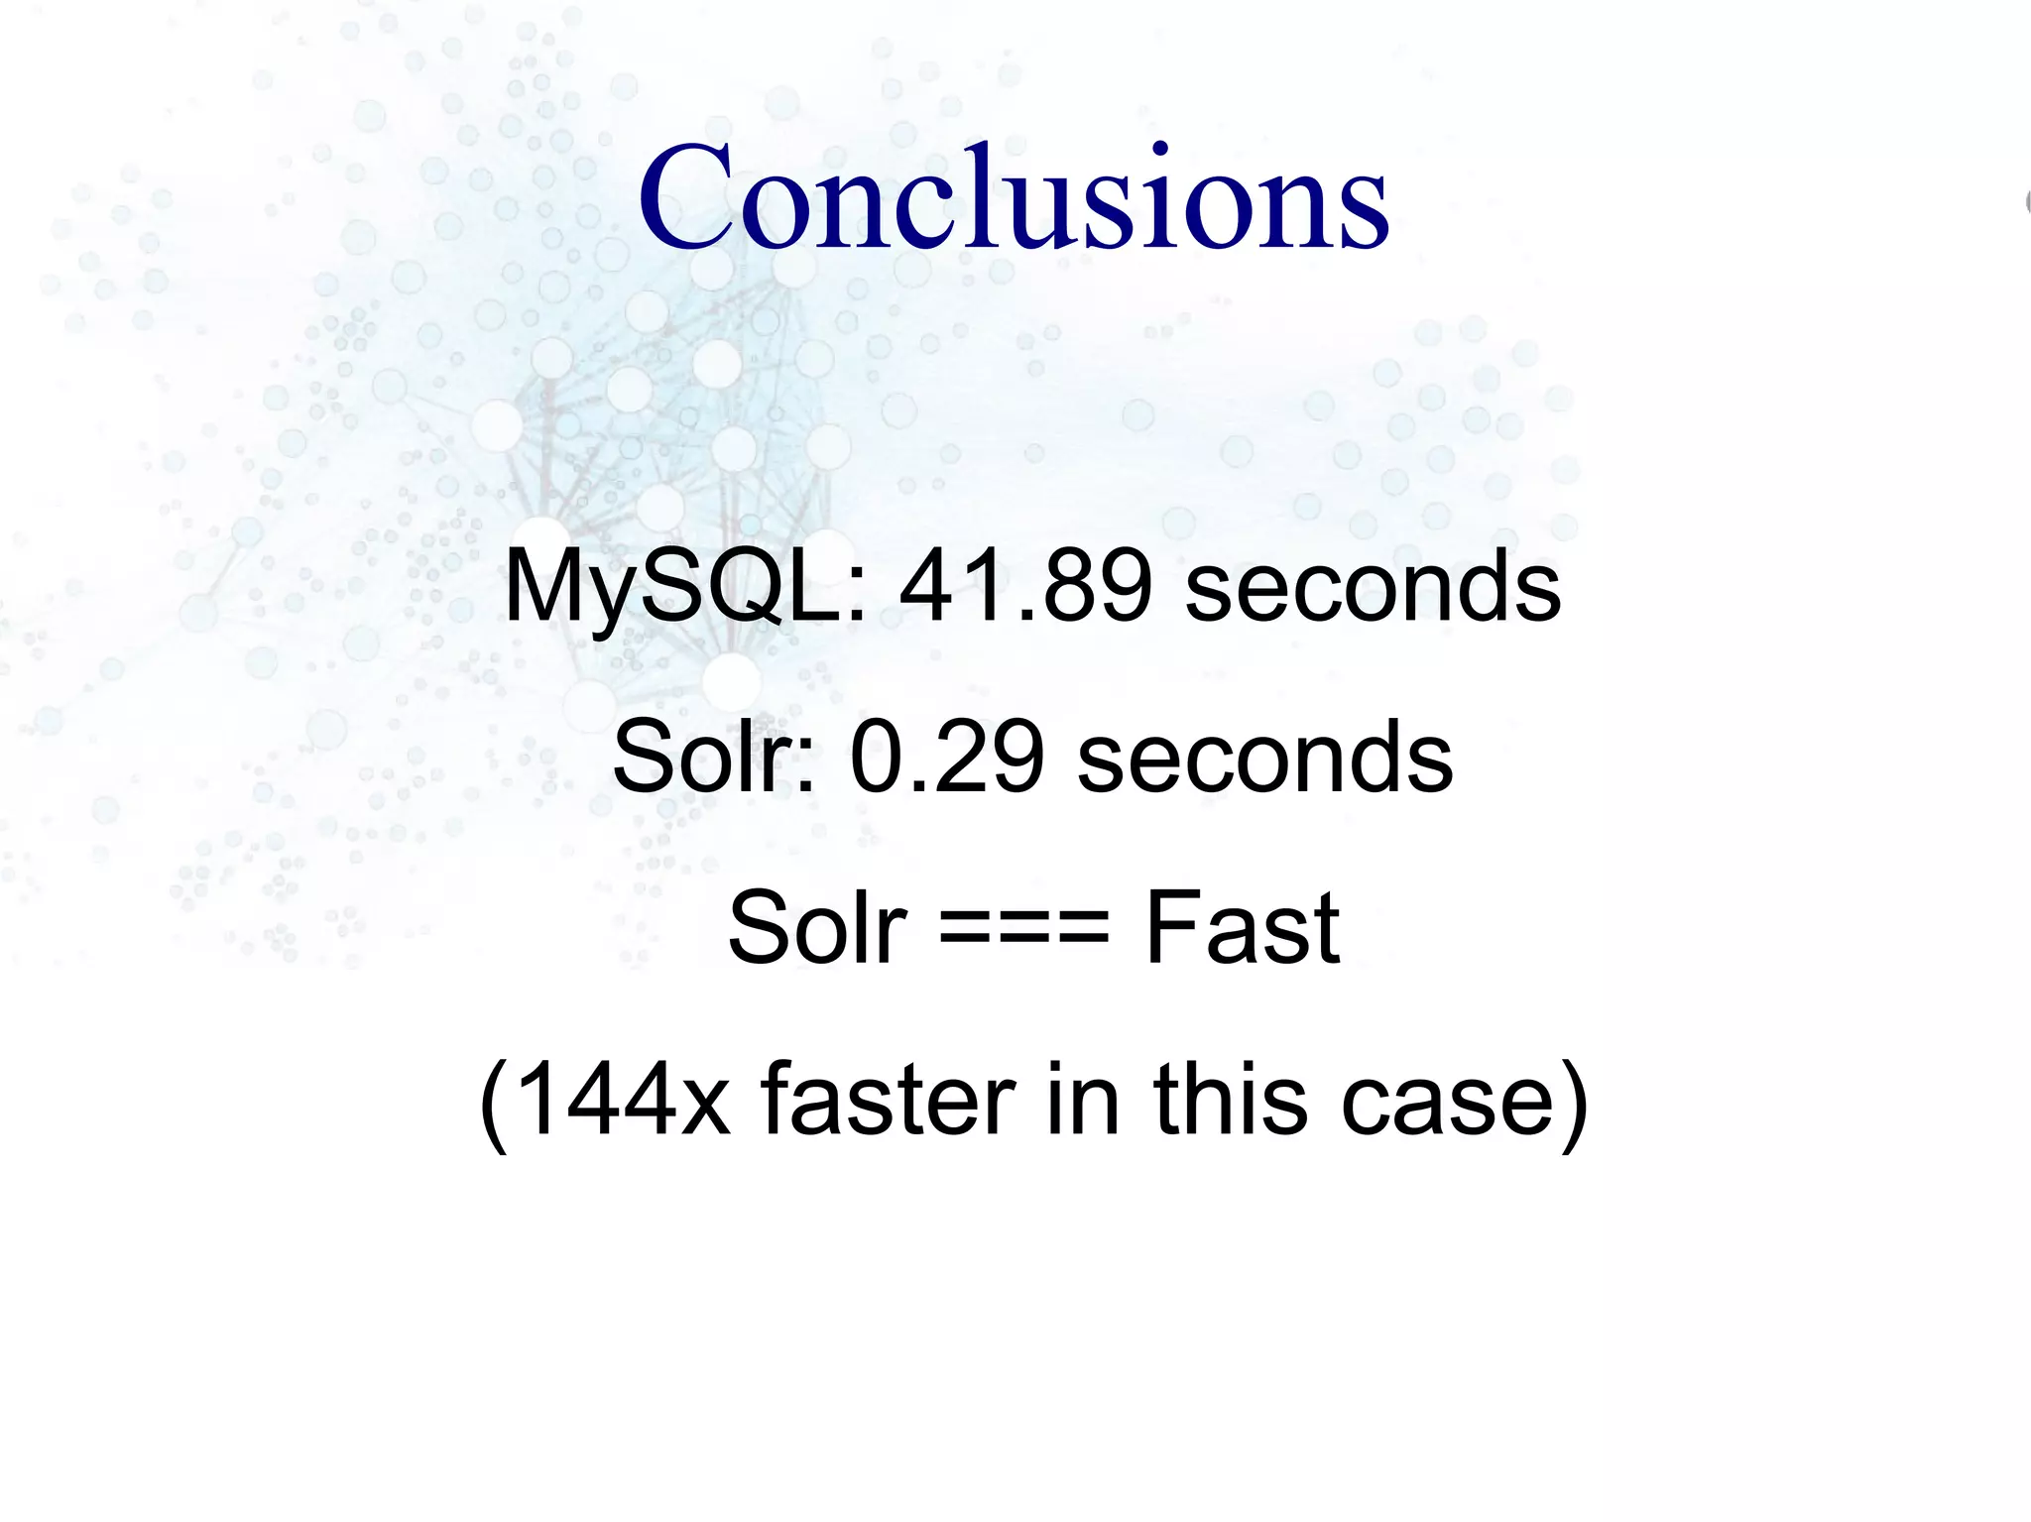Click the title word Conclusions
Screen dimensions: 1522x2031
pos(1014,197)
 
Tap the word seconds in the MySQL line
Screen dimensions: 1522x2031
pos(1373,589)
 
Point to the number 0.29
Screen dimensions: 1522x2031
pos(946,758)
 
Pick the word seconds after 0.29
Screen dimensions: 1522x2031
pos(1264,760)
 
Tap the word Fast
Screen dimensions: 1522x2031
pos(1242,928)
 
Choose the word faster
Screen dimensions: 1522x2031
pos(888,1099)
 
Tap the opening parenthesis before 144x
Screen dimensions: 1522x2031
pos(493,1103)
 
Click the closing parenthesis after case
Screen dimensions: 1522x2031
pos(1573,1103)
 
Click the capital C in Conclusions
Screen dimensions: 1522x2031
pos(685,197)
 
